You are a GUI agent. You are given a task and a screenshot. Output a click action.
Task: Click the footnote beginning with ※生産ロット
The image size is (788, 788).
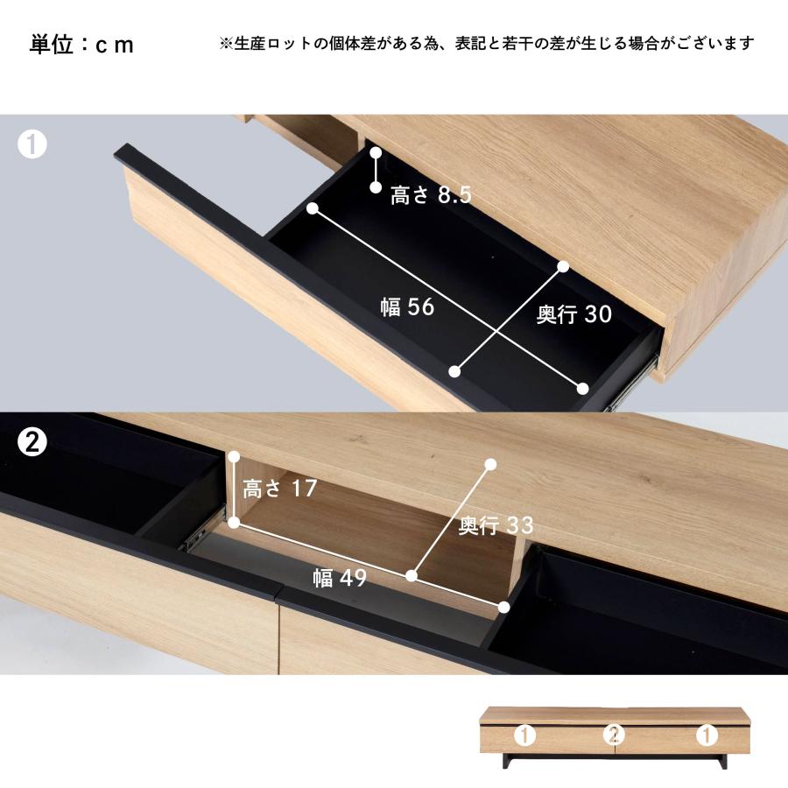pyautogui.click(x=486, y=44)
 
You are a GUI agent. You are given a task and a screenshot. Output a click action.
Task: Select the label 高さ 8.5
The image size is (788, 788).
pyautogui.click(x=431, y=195)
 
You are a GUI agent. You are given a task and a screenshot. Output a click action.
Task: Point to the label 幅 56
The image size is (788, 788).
pyautogui.click(x=407, y=307)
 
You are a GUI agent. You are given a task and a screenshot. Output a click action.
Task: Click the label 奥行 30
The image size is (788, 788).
pyautogui.click(x=573, y=315)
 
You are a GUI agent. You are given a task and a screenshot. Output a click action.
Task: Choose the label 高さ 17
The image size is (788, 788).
pyautogui.click(x=279, y=489)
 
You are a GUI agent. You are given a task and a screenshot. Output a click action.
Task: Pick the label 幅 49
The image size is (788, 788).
pyautogui.click(x=340, y=577)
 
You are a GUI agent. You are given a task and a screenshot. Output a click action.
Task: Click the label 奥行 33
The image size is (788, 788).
pyautogui.click(x=496, y=525)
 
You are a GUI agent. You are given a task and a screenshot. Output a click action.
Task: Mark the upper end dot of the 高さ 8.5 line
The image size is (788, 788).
pyautogui.click(x=376, y=153)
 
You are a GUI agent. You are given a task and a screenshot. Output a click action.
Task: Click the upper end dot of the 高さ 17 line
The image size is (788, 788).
pyautogui.click(x=234, y=457)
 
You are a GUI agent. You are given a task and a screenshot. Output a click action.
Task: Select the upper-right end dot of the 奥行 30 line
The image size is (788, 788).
pyautogui.click(x=563, y=266)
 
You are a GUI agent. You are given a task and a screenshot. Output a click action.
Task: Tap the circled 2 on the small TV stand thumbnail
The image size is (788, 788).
pyautogui.click(x=615, y=735)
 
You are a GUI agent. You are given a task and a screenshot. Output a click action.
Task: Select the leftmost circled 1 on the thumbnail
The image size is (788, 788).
pyautogui.click(x=526, y=735)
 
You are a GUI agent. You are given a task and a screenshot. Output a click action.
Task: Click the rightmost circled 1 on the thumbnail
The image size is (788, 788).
pyautogui.click(x=706, y=735)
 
